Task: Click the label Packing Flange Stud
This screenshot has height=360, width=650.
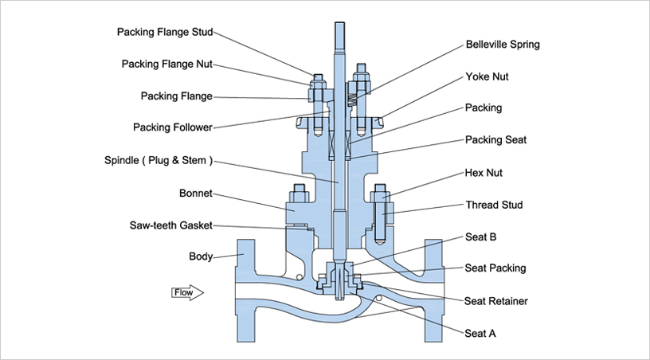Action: click(x=165, y=33)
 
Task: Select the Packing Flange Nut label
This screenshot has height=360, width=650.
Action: click(x=167, y=64)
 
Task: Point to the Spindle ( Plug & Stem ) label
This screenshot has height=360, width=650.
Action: click(x=159, y=160)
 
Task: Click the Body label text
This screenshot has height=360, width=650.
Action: click(x=201, y=256)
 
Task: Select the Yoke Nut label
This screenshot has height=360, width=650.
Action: click(x=487, y=77)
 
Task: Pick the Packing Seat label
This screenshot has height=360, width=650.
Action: click(x=495, y=139)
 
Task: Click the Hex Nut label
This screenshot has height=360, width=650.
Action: click(x=484, y=172)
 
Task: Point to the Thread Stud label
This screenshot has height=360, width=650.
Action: click(x=494, y=205)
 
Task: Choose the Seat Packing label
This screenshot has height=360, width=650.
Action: click(x=495, y=268)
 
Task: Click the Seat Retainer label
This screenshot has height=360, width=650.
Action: click(x=496, y=301)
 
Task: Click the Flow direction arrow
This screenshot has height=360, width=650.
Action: click(x=188, y=292)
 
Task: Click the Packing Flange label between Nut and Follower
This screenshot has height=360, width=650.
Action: click(x=177, y=96)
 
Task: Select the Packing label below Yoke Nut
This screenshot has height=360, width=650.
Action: click(x=484, y=107)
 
